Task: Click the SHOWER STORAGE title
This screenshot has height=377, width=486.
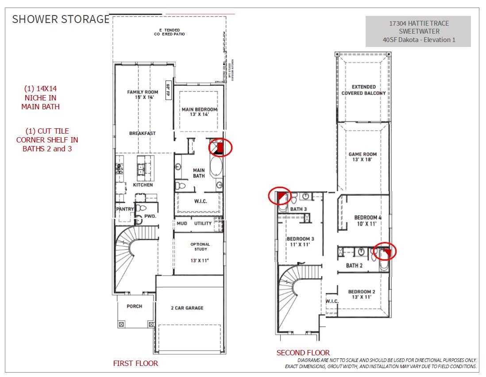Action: tap(60, 19)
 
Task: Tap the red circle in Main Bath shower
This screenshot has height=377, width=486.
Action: tap(220, 147)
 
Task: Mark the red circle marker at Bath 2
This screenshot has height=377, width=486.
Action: tap(384, 251)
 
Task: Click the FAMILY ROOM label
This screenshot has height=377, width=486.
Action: tap(143, 95)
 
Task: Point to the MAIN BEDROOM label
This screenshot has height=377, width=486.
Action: tap(199, 112)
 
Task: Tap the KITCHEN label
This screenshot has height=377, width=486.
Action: tap(143, 185)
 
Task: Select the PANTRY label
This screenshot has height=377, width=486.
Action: tap(124, 209)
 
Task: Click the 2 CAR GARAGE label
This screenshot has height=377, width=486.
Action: tap(187, 308)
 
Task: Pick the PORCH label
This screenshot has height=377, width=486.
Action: tap(134, 306)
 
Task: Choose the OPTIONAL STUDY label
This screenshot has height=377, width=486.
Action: tap(200, 246)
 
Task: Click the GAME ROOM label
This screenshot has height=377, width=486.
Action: tap(363, 157)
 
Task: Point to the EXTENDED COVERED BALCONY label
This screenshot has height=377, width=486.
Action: tap(363, 90)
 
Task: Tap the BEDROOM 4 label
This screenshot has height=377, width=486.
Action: tap(367, 220)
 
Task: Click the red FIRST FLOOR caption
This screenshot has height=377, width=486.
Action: tap(135, 364)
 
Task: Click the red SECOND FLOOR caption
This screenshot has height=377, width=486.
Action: tap(303, 353)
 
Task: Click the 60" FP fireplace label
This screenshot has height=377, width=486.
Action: tap(168, 90)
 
